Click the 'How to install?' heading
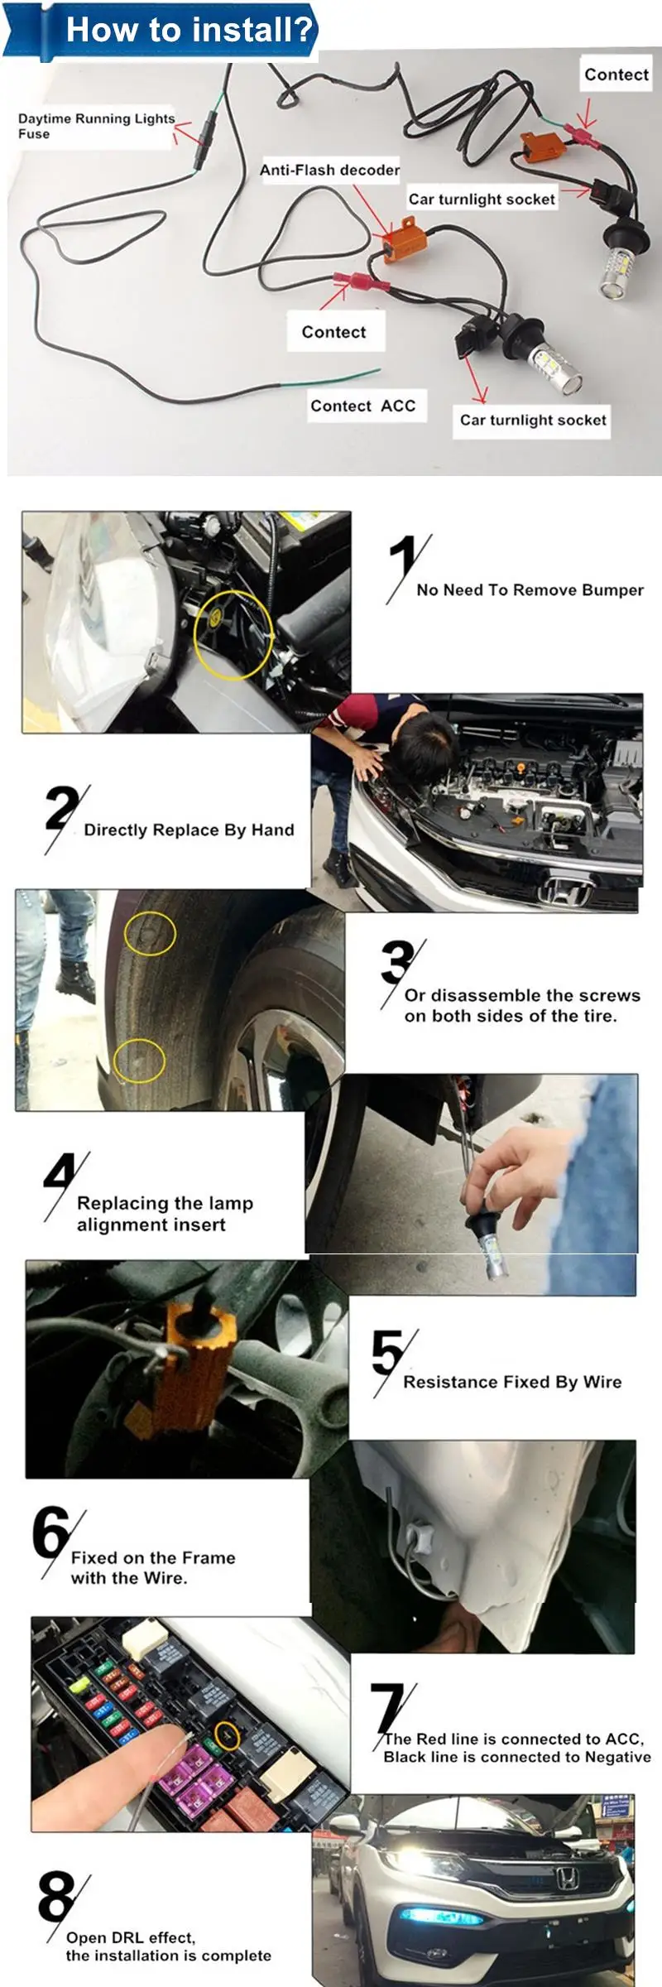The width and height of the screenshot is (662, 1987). click(x=189, y=30)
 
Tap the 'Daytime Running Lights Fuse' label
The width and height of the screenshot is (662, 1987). click(x=96, y=126)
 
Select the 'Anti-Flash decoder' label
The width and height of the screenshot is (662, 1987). click(x=329, y=170)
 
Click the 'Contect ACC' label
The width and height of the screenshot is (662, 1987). click(x=362, y=406)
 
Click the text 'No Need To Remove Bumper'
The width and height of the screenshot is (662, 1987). click(x=530, y=590)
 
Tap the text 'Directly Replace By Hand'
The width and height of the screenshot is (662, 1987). click(x=189, y=830)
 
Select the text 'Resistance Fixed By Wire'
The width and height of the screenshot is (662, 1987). click(x=512, y=1382)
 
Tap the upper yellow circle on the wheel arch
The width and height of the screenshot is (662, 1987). click(x=150, y=934)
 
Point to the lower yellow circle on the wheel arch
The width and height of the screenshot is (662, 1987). click(x=139, y=1061)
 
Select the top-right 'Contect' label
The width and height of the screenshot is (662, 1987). click(x=616, y=75)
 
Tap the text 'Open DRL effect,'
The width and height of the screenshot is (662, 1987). click(x=131, y=1937)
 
